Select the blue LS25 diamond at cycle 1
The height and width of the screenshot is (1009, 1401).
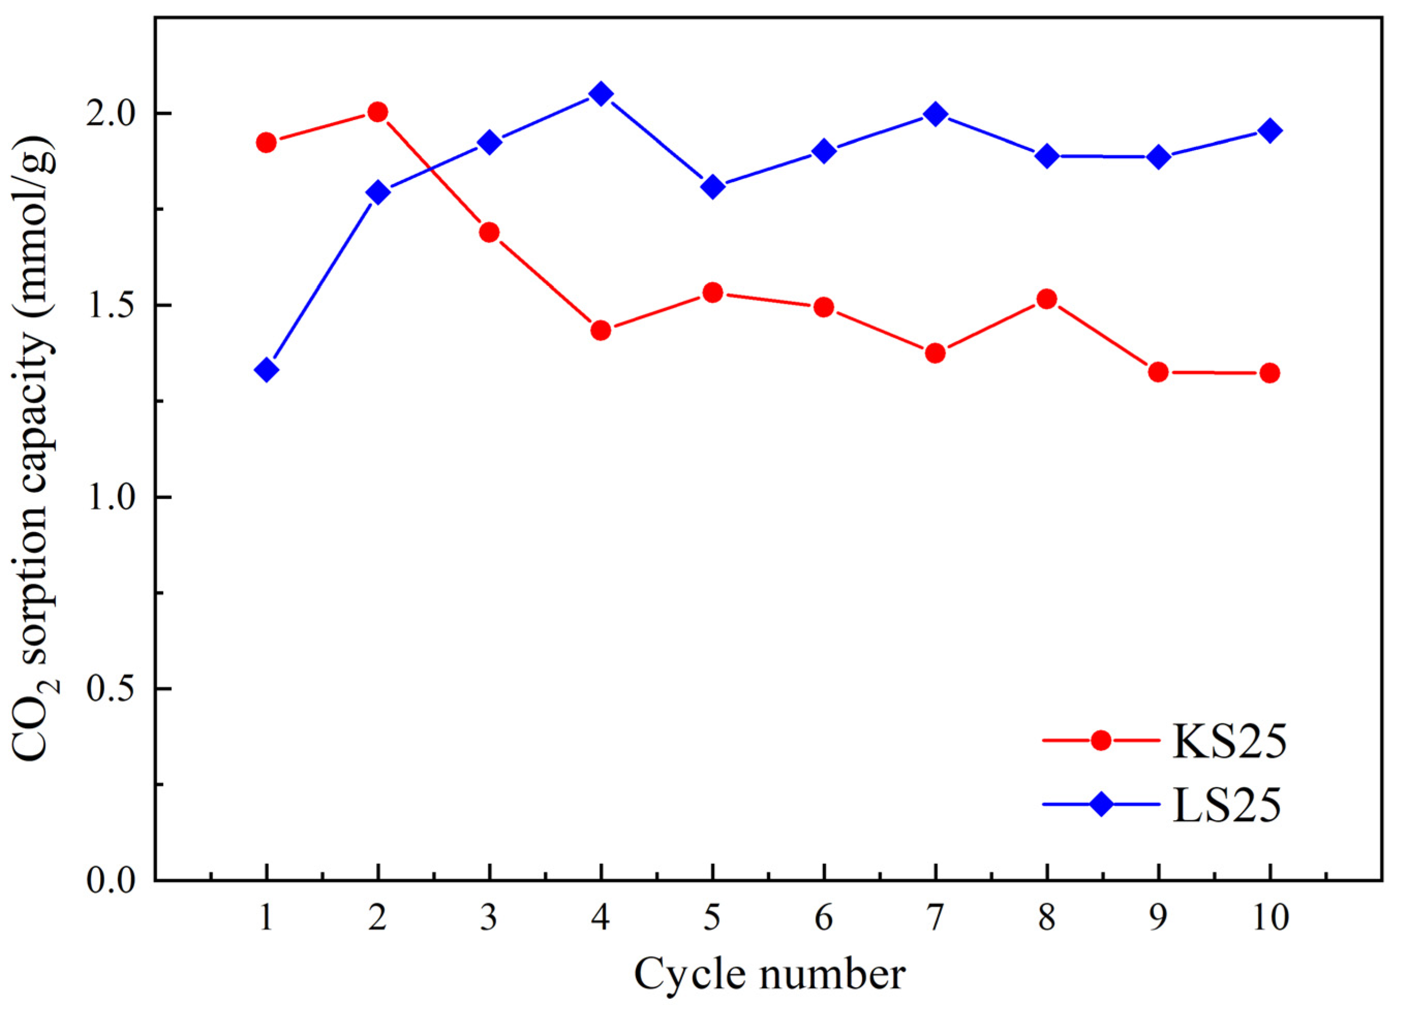click(266, 370)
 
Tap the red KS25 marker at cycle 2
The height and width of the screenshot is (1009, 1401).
click(377, 112)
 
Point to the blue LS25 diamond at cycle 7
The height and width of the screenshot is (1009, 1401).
click(935, 114)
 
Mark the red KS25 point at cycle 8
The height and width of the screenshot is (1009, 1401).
click(1046, 299)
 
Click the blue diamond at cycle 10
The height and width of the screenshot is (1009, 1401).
click(1269, 131)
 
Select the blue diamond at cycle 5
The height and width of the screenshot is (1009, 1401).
click(712, 186)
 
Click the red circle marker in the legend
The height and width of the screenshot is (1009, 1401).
click(1101, 740)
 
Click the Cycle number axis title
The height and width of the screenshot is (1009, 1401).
click(769, 974)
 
